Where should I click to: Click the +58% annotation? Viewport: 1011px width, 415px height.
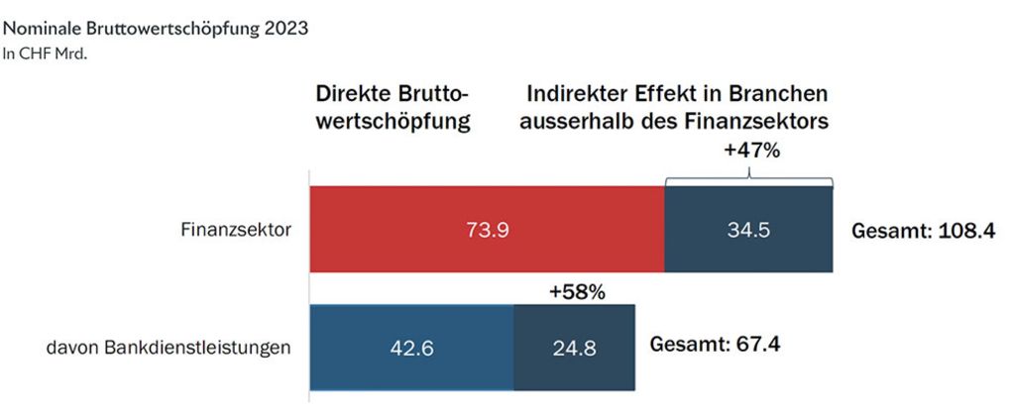(x=576, y=292)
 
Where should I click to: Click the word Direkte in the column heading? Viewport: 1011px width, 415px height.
(x=354, y=93)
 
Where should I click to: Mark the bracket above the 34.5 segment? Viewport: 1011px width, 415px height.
(x=748, y=179)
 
